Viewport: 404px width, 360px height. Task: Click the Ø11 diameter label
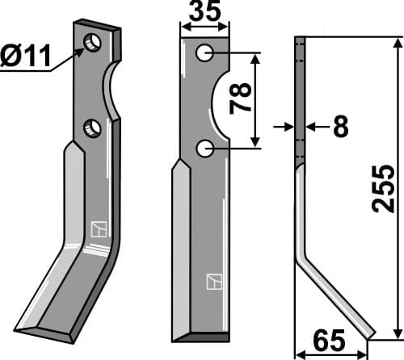26,56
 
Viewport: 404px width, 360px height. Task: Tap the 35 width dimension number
204,10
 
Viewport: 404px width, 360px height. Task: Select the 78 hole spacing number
240,98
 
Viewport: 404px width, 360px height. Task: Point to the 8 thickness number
341,126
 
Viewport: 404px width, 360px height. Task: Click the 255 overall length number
383,189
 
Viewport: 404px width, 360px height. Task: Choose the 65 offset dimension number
329,341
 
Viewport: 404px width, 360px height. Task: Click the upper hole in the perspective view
93,43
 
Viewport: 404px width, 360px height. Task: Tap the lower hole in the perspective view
92,128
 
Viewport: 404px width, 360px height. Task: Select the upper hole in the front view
205,53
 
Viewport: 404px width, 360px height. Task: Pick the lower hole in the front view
205,149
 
